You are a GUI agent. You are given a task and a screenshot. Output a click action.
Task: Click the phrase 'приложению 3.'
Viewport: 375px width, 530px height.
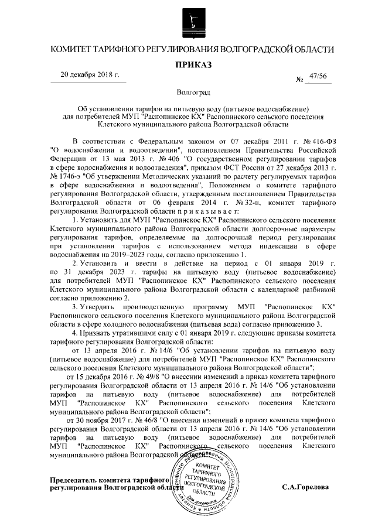click(299, 324)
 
